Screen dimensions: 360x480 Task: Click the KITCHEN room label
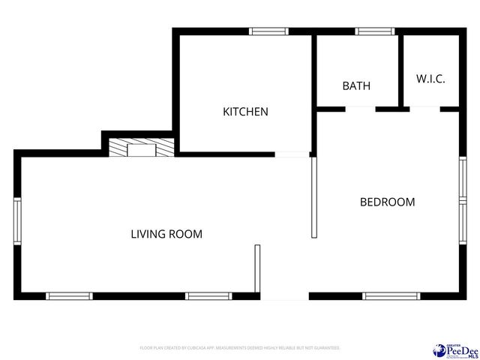[245, 112]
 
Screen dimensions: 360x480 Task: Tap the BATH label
[356, 85]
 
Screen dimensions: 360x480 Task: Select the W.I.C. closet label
[430, 79]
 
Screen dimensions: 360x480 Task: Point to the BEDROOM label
[387, 202]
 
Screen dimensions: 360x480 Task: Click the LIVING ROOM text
[166, 234]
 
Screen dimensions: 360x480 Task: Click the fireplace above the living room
[140, 148]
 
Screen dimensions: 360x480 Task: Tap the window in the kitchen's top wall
[268, 31]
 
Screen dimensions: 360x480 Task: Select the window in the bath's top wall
[374, 31]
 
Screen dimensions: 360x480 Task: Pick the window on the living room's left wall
[17, 222]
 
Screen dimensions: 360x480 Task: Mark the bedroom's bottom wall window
[390, 295]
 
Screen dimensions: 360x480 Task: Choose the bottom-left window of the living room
[69, 295]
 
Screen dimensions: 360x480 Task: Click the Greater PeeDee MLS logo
[454, 349]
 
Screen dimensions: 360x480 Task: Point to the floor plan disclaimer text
[240, 348]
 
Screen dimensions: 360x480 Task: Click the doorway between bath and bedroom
[360, 109]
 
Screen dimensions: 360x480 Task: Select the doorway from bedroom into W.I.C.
[424, 109]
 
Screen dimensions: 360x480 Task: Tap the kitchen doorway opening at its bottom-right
[292, 154]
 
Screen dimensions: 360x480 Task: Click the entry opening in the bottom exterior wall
[284, 296]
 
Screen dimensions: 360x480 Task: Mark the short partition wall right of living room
[257, 269]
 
